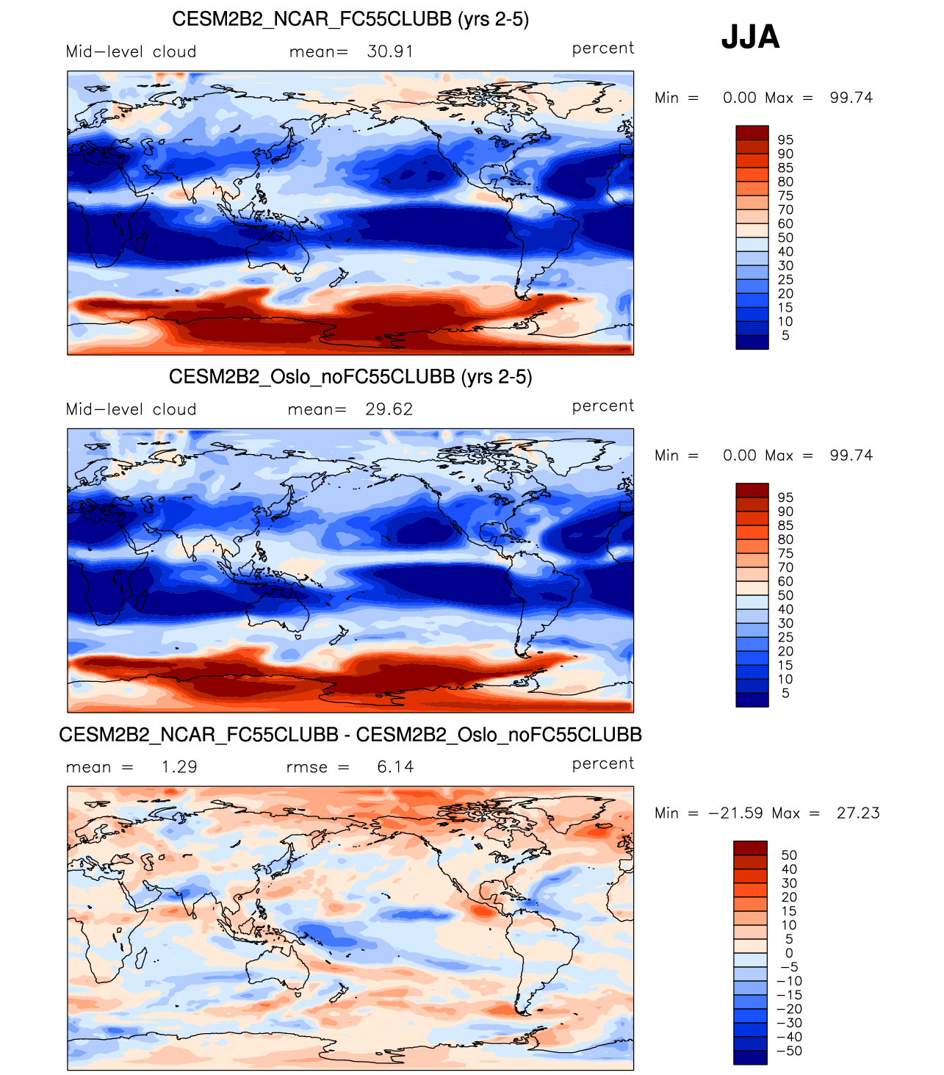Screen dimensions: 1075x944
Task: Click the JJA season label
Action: (x=750, y=37)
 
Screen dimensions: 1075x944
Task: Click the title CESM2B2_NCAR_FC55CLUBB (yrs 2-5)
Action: (x=350, y=19)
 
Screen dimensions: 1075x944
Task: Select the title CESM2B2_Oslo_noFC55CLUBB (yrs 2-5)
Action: (x=350, y=377)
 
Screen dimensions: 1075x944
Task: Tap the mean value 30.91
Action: (x=390, y=52)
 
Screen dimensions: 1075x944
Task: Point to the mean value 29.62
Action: (x=389, y=410)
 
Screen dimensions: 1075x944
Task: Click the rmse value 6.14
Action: (x=395, y=768)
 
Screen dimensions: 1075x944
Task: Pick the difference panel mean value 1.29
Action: (x=179, y=768)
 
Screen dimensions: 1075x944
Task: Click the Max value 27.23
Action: (x=857, y=813)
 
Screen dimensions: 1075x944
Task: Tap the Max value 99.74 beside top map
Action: (x=851, y=98)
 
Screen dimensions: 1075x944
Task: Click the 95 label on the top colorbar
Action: (x=785, y=140)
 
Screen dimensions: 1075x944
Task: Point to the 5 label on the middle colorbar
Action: (x=785, y=694)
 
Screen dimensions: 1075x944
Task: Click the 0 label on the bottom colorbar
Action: (x=789, y=954)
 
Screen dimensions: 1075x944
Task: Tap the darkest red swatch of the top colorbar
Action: (x=752, y=132)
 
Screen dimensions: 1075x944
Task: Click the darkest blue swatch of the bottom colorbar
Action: (x=750, y=1057)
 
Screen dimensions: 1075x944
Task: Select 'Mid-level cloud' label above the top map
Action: (x=131, y=52)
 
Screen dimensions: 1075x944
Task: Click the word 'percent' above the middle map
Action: (x=603, y=406)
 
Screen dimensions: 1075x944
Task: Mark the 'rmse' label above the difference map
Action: (x=307, y=768)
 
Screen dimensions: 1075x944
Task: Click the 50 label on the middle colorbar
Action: (x=785, y=596)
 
